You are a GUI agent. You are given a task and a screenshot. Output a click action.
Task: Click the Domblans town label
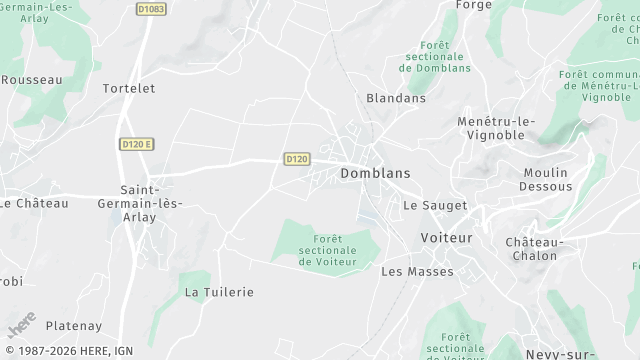376,173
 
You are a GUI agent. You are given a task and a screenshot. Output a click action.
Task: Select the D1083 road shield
151,9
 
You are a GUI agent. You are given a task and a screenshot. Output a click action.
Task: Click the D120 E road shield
136,144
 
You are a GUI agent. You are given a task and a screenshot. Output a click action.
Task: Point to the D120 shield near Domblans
297,159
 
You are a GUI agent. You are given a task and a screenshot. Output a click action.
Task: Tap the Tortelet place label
129,88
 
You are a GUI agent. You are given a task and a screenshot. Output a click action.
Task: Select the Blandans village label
396,98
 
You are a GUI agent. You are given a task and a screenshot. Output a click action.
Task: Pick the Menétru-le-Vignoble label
497,128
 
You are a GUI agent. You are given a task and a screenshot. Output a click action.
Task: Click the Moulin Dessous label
547,179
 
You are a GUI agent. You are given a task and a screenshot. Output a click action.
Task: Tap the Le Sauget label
435,205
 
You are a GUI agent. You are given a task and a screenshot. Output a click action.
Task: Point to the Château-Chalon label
535,249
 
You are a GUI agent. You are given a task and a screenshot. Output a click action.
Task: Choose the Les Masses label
417,271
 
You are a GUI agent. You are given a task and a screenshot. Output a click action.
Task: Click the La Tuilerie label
219,292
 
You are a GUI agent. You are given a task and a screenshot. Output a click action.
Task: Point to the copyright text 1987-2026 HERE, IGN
67,351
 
